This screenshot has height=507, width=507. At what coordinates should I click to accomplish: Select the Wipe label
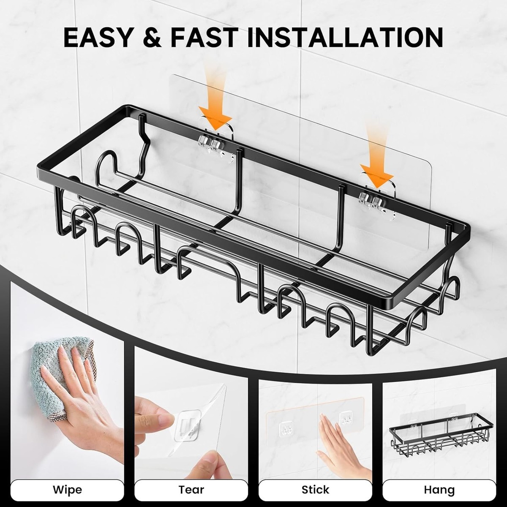67,490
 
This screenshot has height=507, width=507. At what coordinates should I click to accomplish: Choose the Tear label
191,490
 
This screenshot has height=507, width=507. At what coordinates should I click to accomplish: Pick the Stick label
315,490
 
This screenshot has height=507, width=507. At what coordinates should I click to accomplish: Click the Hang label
439,491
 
